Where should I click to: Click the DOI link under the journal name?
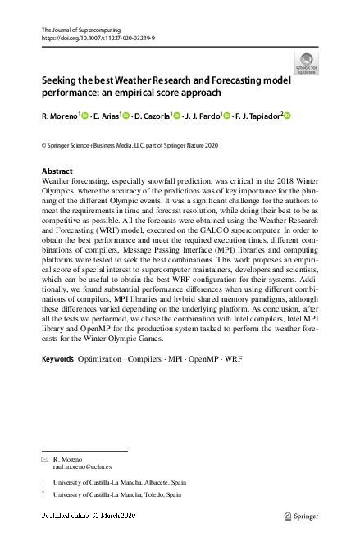pyautogui.click(x=98, y=38)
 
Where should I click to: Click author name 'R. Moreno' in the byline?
pyautogui.click(x=59, y=117)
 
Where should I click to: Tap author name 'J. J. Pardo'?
pyautogui.click(x=202, y=117)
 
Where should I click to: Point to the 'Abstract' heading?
pyautogui.click(x=57, y=171)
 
